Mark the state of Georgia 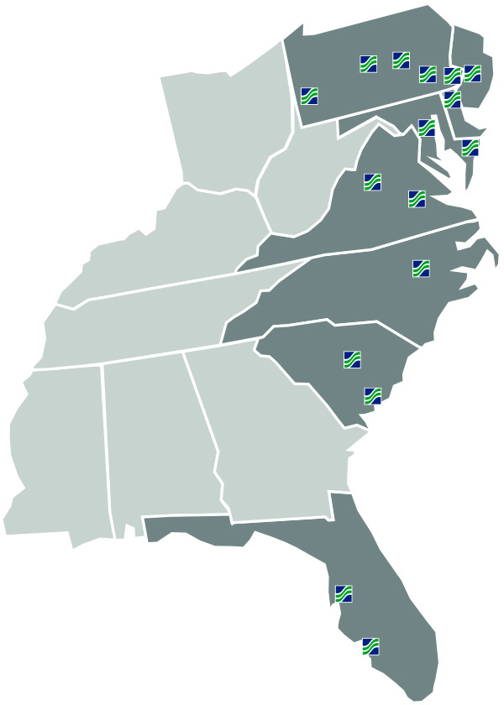tap(269, 436)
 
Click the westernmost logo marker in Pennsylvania tap(309, 95)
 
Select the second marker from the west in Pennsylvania tap(368, 64)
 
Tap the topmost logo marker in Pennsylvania tap(401, 60)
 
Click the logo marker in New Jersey tap(472, 73)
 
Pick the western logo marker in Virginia tap(372, 181)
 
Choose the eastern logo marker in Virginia tap(417, 199)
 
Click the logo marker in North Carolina tap(421, 269)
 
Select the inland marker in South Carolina tap(352, 359)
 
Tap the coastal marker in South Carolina tap(372, 395)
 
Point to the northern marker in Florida tap(344, 593)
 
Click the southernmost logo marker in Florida tap(370, 646)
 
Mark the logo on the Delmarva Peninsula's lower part tap(470, 148)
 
